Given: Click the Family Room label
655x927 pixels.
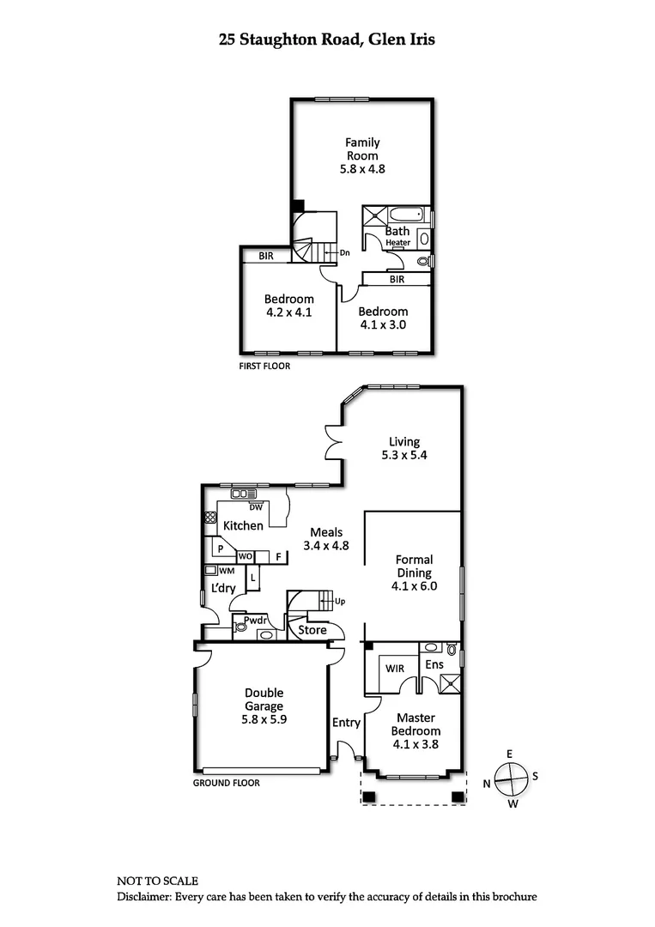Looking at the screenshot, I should point(362,148).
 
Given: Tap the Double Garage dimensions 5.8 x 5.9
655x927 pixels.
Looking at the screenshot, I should point(264,720).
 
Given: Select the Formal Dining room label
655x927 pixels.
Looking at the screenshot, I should point(414,566).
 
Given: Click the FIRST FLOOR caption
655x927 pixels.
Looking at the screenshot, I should point(264,366).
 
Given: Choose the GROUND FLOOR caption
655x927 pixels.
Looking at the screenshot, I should point(226,783).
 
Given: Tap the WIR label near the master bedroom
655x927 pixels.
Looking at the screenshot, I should point(395,667).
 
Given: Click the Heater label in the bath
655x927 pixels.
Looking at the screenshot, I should point(397,243).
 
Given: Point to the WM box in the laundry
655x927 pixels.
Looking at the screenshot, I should point(210,570).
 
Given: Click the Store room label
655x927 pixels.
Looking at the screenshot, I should point(312,630).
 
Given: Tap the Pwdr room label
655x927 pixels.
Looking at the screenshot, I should point(255,621).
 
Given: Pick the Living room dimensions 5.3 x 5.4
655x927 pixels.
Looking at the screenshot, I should point(404,456).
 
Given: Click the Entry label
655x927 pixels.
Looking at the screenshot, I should point(346,723).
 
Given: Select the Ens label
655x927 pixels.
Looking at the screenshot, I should point(434,664).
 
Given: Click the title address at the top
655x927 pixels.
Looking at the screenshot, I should point(327,39).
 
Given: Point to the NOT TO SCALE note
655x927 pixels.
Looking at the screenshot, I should point(157,881).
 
